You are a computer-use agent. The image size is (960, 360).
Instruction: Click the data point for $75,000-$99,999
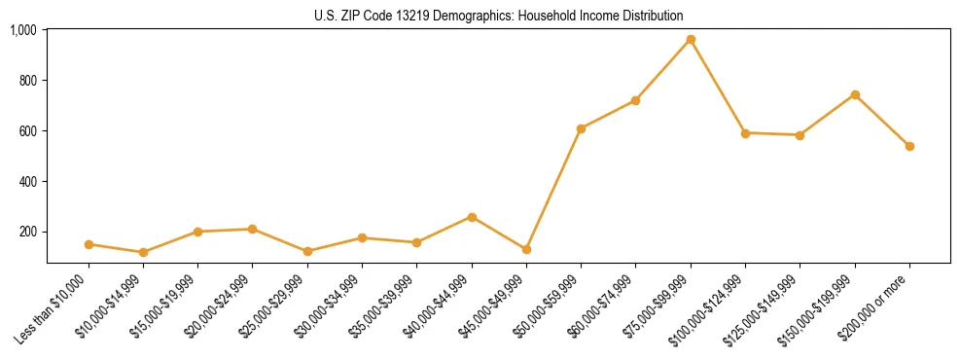tap(691, 40)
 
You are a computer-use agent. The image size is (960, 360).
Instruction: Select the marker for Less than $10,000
tap(89, 244)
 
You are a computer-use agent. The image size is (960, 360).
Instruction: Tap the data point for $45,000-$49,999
tap(526, 249)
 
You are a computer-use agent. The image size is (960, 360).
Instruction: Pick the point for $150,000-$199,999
tap(855, 94)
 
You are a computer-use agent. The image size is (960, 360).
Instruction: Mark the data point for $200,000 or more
tap(909, 146)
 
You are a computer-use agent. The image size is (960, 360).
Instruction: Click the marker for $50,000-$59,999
tap(581, 128)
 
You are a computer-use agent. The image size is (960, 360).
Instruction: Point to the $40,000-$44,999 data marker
tap(472, 217)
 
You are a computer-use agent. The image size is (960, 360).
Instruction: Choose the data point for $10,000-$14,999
tap(143, 252)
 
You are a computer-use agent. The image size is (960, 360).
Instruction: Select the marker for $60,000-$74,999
tap(635, 100)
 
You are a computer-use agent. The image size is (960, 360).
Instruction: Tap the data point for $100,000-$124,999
tap(745, 132)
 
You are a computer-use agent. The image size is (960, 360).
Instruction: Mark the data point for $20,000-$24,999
tap(253, 229)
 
